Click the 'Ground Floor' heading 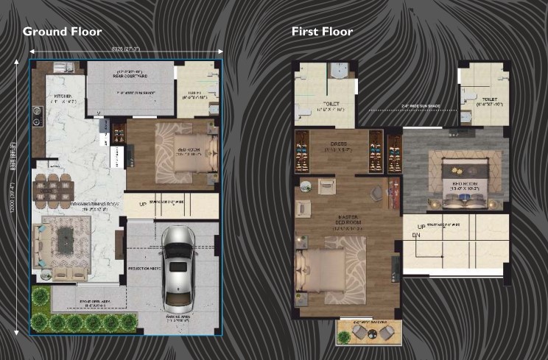62,32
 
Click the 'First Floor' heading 322,32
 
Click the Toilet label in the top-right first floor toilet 488,98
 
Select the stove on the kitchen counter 36,116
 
